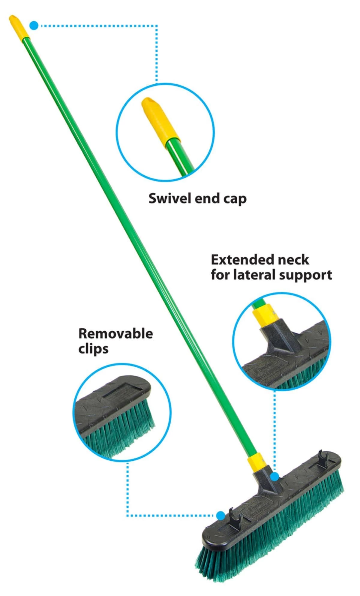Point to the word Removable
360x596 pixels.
coord(115,334)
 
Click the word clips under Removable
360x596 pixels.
coord(93,349)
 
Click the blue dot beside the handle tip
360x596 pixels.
coord(34,26)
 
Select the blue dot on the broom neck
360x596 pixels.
coord(274,476)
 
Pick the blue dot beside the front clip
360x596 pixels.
coord(220,516)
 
